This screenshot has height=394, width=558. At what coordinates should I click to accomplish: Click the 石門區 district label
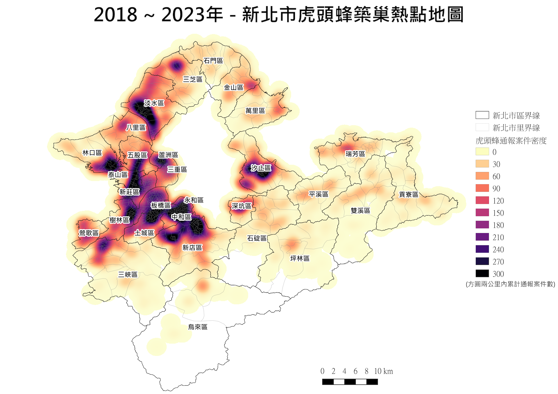pyautogui.click(x=213, y=61)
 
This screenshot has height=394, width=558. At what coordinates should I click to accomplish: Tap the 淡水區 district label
pyautogui.click(x=154, y=103)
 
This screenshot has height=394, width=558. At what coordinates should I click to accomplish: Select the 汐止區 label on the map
pyautogui.click(x=261, y=168)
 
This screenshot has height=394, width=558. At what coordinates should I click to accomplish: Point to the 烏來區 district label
pyautogui.click(x=198, y=327)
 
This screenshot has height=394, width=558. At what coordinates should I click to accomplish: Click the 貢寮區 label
pyautogui.click(x=408, y=194)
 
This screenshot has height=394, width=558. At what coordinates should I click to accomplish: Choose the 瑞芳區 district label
pyautogui.click(x=355, y=154)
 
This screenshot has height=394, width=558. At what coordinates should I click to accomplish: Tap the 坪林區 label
pyautogui.click(x=300, y=258)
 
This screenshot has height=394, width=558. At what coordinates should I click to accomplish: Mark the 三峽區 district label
pyautogui.click(x=128, y=274)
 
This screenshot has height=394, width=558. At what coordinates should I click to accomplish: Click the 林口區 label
pyautogui.click(x=92, y=153)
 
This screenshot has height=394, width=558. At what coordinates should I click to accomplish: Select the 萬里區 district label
pyautogui.click(x=255, y=111)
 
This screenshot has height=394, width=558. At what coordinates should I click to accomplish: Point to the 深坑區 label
pyautogui.click(x=241, y=206)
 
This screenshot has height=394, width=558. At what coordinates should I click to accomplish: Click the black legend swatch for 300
pyautogui.click(x=482, y=274)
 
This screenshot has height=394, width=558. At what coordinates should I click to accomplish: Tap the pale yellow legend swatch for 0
pyautogui.click(x=482, y=152)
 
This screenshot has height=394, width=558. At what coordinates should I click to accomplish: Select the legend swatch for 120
pyautogui.click(x=482, y=200)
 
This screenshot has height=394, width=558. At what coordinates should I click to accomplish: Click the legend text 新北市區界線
pyautogui.click(x=516, y=116)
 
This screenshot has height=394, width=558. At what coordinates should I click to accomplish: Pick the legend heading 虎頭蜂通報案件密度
pyautogui.click(x=511, y=141)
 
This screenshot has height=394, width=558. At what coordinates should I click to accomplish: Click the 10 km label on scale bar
pyautogui.click(x=383, y=371)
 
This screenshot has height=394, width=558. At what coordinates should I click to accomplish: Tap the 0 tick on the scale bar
pyautogui.click(x=322, y=371)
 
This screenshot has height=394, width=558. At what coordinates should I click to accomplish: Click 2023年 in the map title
pyautogui.click(x=192, y=15)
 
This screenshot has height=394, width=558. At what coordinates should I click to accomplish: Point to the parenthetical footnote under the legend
pyautogui.click(x=510, y=284)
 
